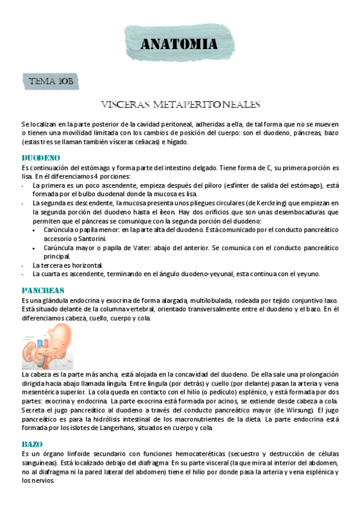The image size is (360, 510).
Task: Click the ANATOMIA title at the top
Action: (x=179, y=45)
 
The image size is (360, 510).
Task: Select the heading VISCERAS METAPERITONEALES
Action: (x=180, y=104)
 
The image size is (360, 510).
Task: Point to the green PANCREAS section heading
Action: (x=43, y=290)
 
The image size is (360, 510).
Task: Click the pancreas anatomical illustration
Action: (x=51, y=346)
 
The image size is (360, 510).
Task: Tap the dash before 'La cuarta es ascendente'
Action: (x=23, y=274)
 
